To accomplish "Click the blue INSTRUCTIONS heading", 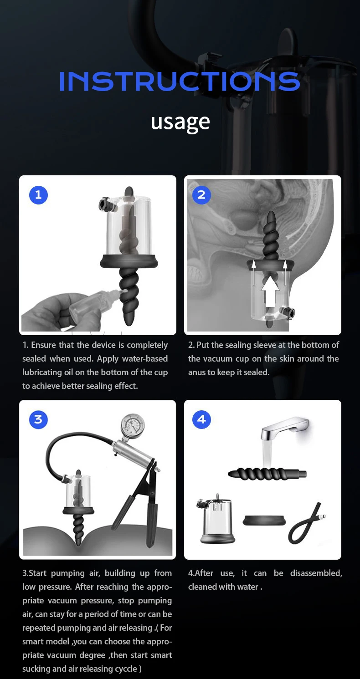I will coord(180,81).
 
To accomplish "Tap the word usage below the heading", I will coord(180,121).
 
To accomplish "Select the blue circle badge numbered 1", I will coord(38,195).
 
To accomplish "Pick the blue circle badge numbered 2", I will coord(201,195).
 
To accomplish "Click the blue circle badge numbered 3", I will coord(38,419).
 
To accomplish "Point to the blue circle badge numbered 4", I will coord(201,419).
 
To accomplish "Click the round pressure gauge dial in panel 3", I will coord(133,427).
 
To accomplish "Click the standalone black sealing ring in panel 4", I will coord(264,521).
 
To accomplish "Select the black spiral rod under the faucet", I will coord(267,474).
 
